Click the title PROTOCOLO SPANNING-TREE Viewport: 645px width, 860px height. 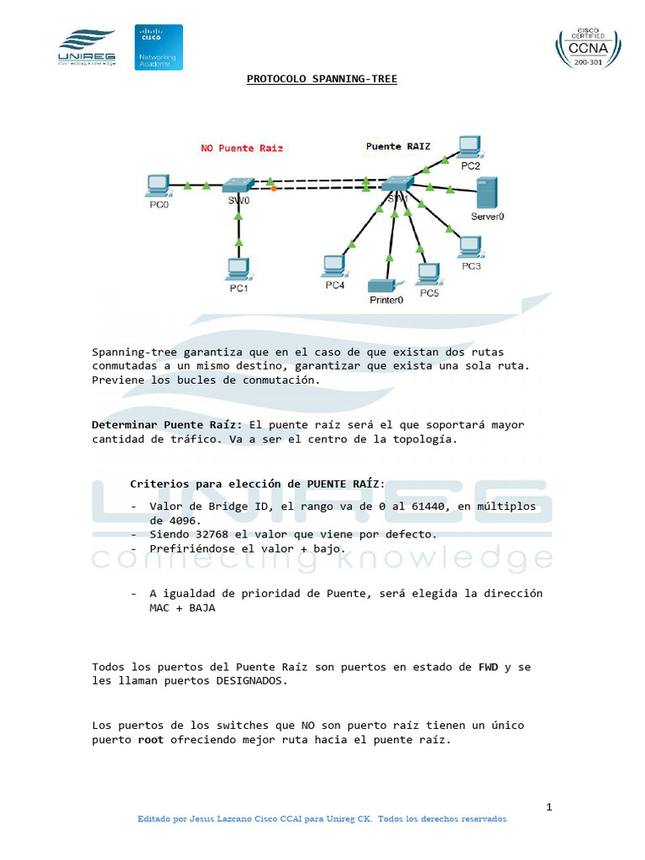(322, 80)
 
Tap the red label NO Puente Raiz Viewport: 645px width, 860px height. (241, 148)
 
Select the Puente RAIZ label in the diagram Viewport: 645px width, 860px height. (398, 146)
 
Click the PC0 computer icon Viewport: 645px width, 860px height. (158, 186)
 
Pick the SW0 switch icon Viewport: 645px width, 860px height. (239, 185)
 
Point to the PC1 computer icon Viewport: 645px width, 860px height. (239, 270)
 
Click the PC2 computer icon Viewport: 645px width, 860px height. (469, 146)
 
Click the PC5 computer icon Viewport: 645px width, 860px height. (429, 275)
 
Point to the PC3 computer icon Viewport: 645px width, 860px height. (470, 247)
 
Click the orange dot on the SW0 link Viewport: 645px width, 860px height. (274, 188)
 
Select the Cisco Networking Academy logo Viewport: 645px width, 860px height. (159, 47)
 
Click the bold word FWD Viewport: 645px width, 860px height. (488, 667)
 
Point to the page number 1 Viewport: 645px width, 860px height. (549, 808)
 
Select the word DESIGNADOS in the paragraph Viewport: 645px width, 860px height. (252, 681)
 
